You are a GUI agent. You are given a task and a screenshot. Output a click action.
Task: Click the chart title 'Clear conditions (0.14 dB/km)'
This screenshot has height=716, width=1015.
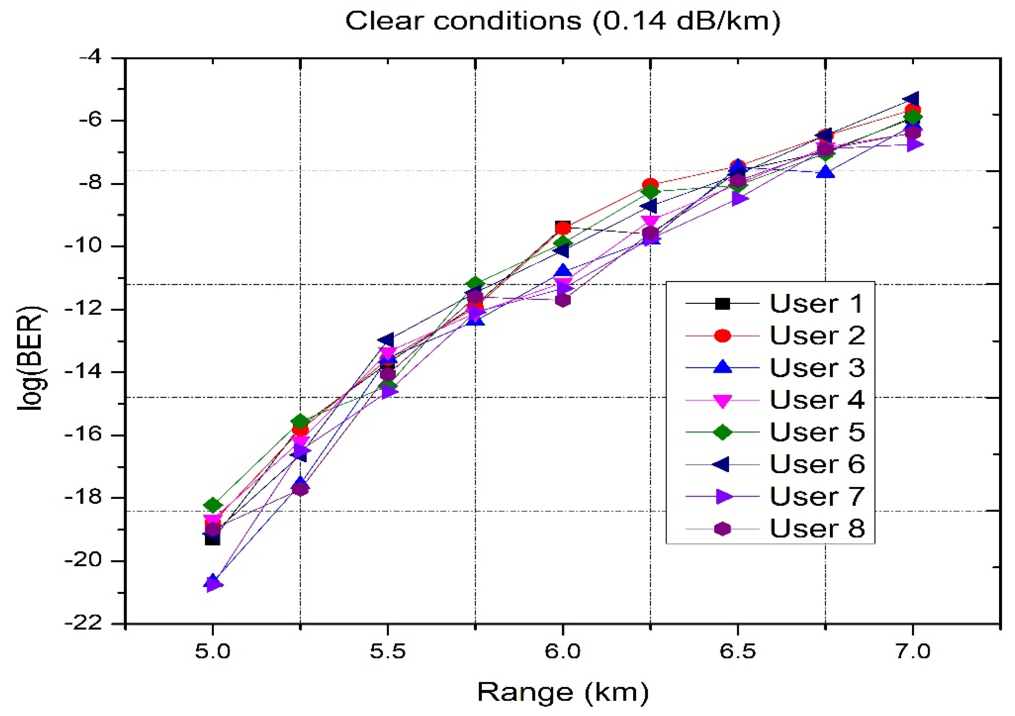(562, 21)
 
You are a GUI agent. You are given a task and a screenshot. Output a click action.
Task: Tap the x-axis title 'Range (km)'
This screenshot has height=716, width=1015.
(562, 692)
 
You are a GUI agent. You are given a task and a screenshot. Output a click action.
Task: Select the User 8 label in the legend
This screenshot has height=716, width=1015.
(817, 528)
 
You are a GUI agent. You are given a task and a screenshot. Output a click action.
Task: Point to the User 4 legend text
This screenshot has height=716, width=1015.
(817, 400)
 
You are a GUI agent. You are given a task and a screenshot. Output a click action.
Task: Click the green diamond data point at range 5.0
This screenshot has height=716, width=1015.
(213, 504)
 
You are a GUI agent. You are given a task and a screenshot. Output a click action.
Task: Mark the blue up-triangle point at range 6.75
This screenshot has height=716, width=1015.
(825, 172)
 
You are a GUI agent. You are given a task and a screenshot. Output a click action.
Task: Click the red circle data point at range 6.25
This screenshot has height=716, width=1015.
(650, 185)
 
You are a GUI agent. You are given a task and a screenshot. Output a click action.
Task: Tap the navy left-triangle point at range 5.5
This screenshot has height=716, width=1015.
(387, 340)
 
